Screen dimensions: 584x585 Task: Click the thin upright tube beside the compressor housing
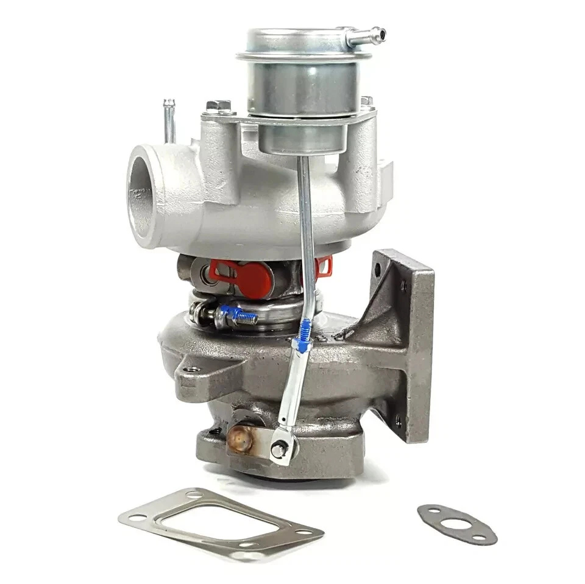pyautogui.click(x=170, y=121)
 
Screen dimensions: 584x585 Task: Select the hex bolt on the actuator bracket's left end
pyautogui.click(x=218, y=107)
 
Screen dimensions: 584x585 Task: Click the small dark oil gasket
pyautogui.click(x=456, y=523)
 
